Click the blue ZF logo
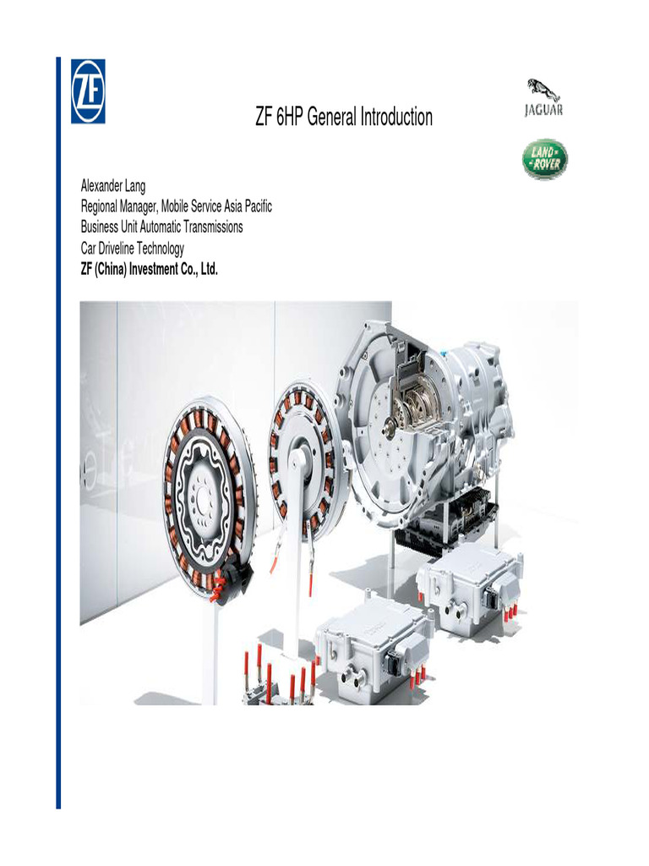click(88, 91)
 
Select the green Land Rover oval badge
click(543, 160)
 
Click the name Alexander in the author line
click(103, 186)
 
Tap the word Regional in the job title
click(101, 206)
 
